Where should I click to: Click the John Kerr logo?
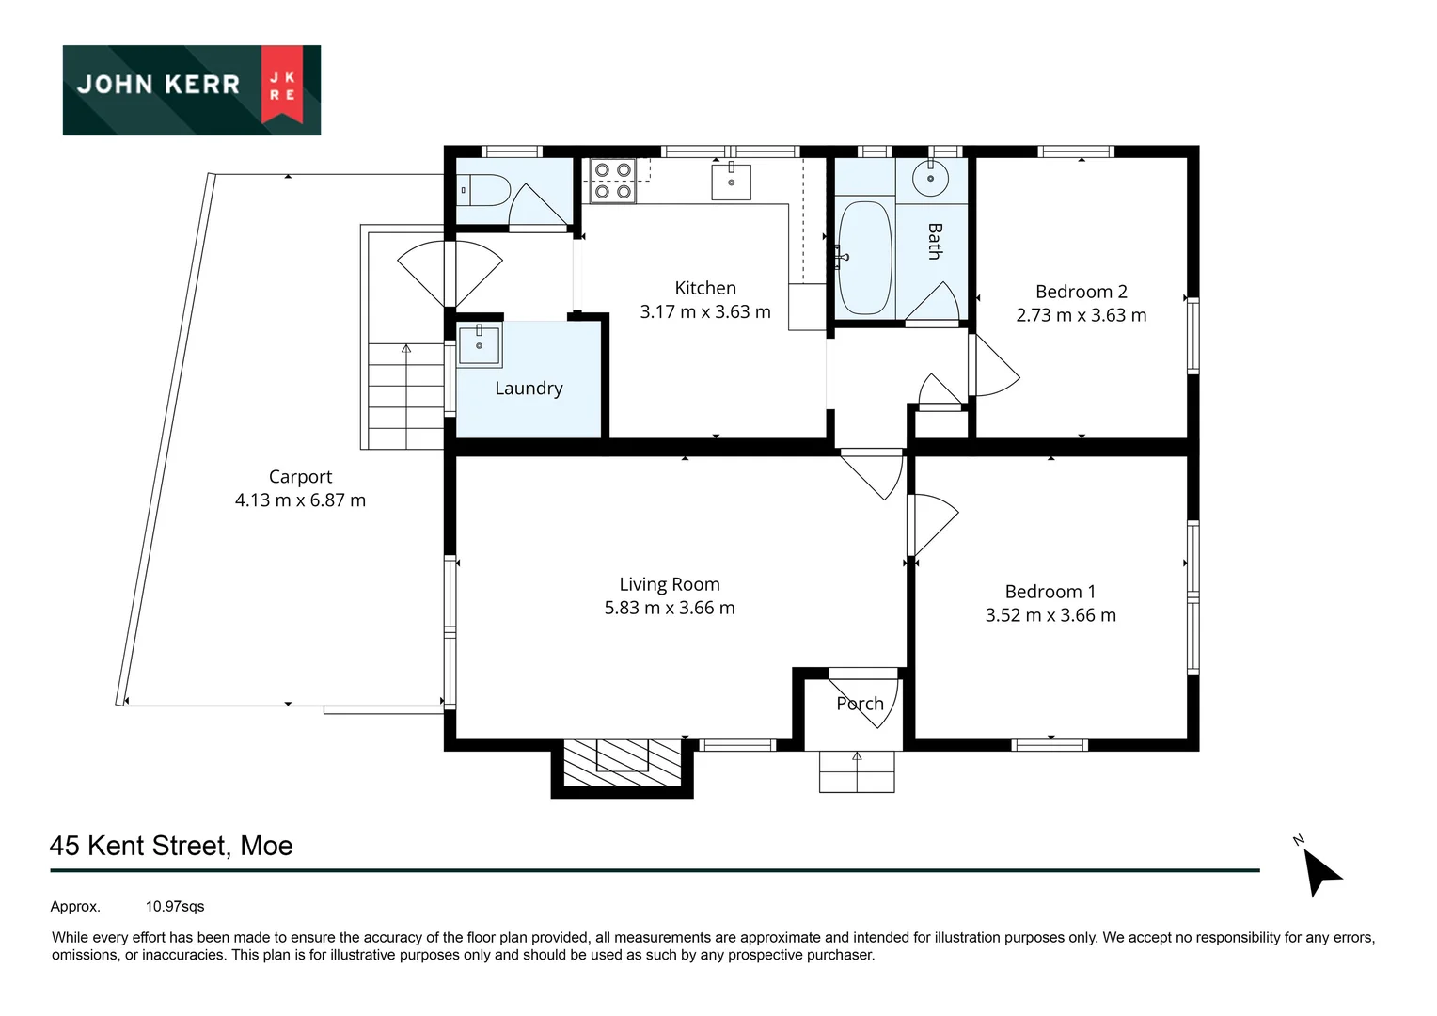(x=191, y=89)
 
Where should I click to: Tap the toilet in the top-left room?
(x=484, y=191)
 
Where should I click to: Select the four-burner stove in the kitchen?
(x=612, y=181)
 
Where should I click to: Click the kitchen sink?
(x=731, y=181)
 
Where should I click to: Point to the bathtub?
(x=864, y=258)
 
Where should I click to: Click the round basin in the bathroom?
(x=930, y=178)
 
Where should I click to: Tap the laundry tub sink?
(x=479, y=344)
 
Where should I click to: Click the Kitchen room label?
(x=705, y=288)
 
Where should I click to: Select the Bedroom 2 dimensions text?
(x=1081, y=315)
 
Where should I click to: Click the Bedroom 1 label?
(x=1050, y=592)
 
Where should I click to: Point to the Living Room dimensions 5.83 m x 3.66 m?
(x=670, y=609)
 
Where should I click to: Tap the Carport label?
(x=300, y=477)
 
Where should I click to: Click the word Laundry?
(x=529, y=389)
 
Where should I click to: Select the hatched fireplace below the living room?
(x=622, y=763)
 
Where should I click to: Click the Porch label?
(x=860, y=704)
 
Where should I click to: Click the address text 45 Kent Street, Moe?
(x=171, y=846)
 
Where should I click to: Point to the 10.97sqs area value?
(x=175, y=907)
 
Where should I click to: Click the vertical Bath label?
(x=935, y=241)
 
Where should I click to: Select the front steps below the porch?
(x=857, y=771)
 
